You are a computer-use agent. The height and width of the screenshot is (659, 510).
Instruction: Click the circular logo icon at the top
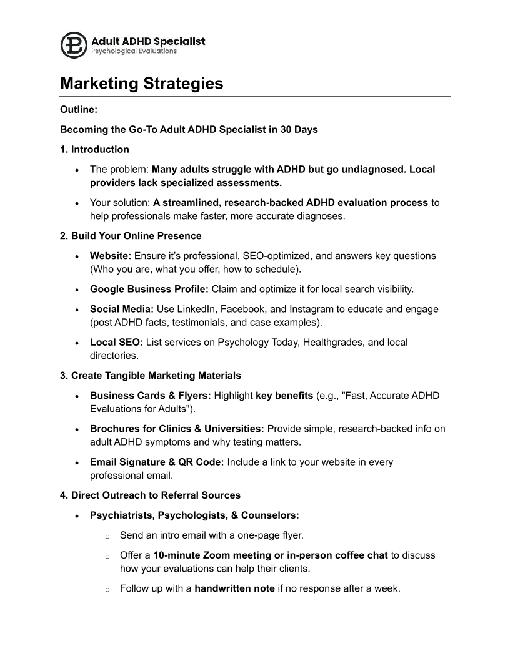click(x=74, y=45)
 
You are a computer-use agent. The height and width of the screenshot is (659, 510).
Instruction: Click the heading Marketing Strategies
click(x=141, y=84)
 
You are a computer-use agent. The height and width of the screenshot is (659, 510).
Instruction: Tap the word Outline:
click(x=79, y=109)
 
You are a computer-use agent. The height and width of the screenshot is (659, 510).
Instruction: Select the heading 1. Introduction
click(x=94, y=149)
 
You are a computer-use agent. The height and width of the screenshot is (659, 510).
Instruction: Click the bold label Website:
click(x=111, y=255)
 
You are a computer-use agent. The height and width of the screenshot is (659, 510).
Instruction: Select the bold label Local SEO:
click(x=116, y=342)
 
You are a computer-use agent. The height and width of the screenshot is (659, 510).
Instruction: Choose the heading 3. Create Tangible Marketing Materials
click(x=150, y=376)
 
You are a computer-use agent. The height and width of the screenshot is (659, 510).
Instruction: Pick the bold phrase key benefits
click(x=284, y=396)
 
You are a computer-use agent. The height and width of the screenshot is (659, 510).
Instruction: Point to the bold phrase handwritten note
click(x=234, y=588)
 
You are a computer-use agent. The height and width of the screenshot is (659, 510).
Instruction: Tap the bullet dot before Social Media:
click(x=76, y=310)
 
